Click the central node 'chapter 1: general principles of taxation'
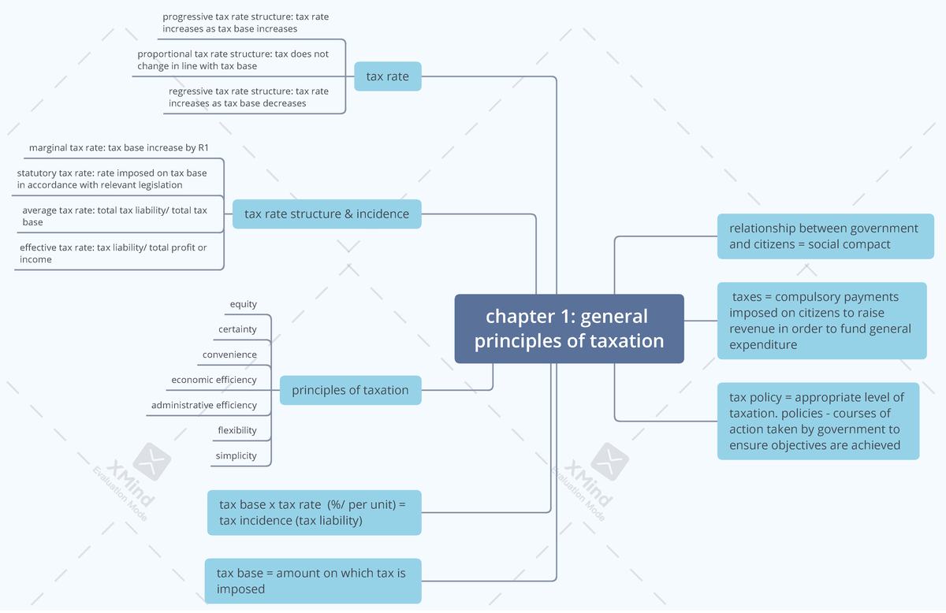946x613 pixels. (568, 329)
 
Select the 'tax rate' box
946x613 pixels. (387, 76)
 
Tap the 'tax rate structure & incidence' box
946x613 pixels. (326, 214)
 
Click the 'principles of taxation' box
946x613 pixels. (350, 390)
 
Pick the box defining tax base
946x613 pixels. (312, 581)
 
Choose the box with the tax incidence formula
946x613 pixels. (314, 512)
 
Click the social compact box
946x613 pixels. (825, 236)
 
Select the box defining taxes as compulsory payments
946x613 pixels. (821, 321)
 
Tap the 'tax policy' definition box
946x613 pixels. (818, 421)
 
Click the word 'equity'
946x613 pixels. (243, 304)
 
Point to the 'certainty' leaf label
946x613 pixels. (237, 329)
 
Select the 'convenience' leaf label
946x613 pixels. (229, 355)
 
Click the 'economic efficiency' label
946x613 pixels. (214, 380)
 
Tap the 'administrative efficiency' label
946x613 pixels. (203, 405)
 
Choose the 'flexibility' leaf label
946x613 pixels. (237, 430)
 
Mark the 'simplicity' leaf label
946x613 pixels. (236, 455)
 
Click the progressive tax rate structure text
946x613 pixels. (235, 22)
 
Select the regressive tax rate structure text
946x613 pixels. (248, 97)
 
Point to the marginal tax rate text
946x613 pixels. (118, 147)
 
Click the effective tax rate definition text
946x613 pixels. (114, 253)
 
